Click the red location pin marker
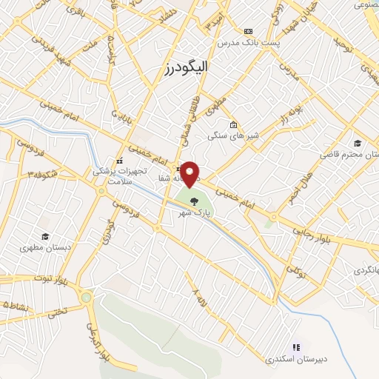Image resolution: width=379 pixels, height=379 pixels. pos(190,174)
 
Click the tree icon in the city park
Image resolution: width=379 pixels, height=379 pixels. pos(195,200)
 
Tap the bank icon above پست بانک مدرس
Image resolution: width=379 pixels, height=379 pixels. pos(248,31)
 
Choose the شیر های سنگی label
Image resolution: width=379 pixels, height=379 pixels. pos(231,135)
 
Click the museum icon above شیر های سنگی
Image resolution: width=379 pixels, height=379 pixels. pos(233,124)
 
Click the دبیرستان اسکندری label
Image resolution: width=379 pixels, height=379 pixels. pos(295,359)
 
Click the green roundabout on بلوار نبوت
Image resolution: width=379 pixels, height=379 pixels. pos(88,298)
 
